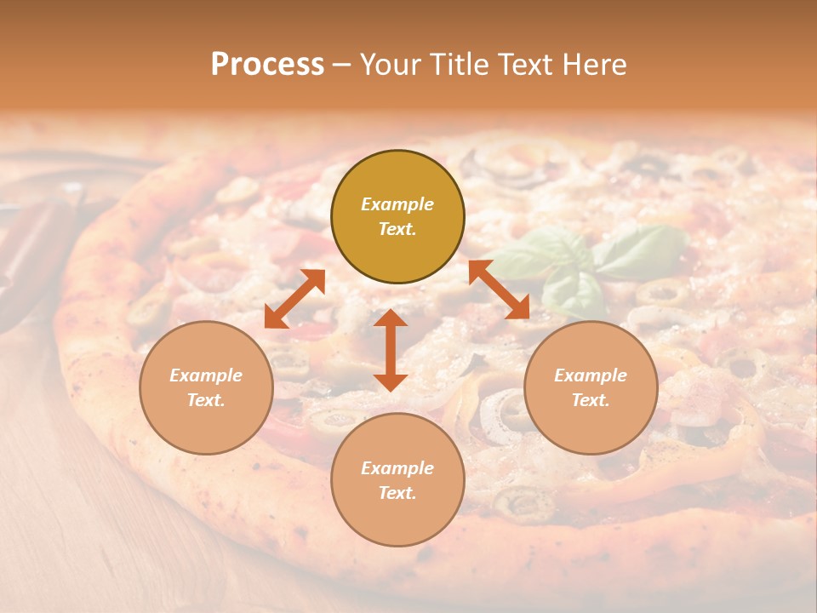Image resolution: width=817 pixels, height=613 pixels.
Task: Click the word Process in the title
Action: [x=267, y=65]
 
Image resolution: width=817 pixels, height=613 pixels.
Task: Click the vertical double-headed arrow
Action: [x=391, y=350]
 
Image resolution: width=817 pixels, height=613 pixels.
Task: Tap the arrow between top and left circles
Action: [x=294, y=299]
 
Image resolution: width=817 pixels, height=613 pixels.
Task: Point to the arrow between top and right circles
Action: [x=499, y=289]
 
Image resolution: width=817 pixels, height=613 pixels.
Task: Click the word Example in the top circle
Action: [x=397, y=204]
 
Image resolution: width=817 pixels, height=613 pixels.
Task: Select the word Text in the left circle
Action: [x=205, y=400]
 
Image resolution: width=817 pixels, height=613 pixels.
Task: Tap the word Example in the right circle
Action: [x=591, y=375]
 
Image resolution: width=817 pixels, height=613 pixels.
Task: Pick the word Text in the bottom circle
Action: [x=397, y=493]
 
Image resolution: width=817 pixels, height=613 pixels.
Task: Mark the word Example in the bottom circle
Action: [x=397, y=468]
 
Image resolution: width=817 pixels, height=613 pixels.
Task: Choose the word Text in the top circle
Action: [x=397, y=229]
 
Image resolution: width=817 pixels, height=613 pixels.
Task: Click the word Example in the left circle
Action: [x=206, y=375]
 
